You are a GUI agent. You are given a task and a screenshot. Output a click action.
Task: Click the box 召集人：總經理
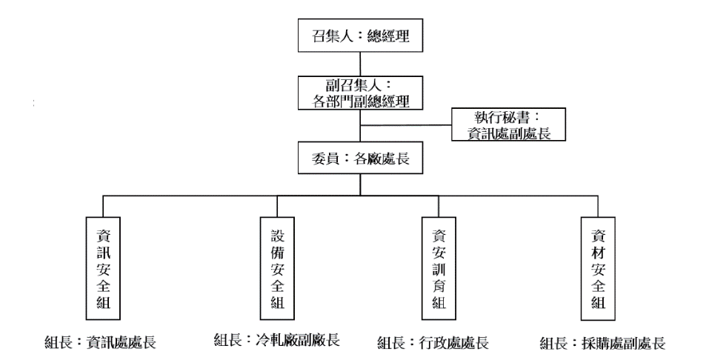tap(360, 34)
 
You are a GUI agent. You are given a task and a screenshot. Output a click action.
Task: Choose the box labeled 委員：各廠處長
tap(360, 158)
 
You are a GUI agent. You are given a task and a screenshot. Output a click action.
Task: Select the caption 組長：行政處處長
tap(433, 342)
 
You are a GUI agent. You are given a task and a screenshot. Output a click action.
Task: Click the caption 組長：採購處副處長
tap(602, 343)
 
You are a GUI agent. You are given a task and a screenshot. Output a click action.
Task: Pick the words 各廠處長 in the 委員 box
tap(379, 158)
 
